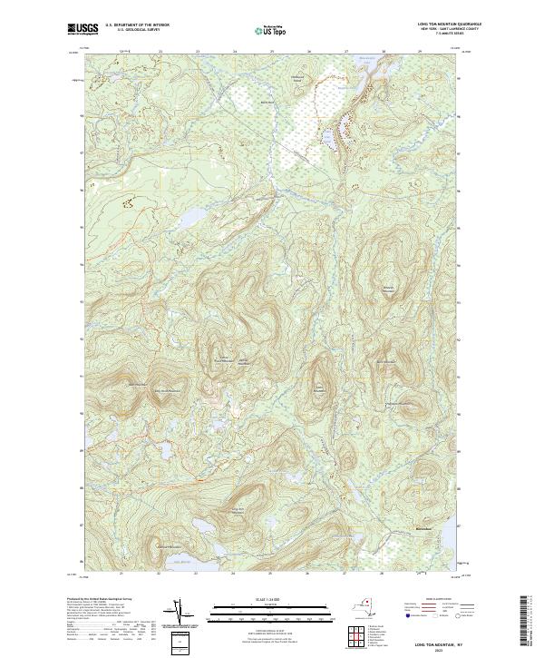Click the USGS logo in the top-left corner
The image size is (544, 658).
pyautogui.click(x=79, y=29)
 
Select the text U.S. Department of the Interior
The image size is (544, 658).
pyautogui.click(x=137, y=25)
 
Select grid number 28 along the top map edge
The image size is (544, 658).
pyautogui.click(x=384, y=52)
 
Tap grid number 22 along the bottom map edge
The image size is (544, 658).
pyautogui.click(x=160, y=574)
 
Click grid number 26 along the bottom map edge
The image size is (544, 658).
pyautogui.click(x=309, y=574)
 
